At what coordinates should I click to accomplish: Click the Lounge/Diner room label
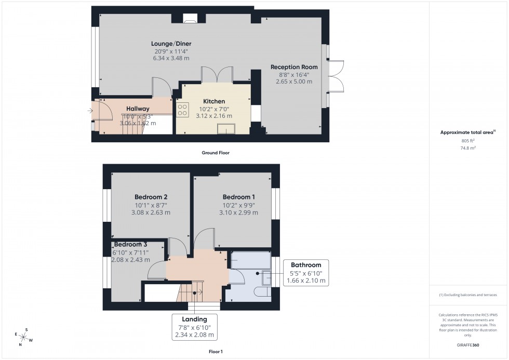pos(170,44)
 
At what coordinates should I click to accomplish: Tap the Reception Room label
pos(294,67)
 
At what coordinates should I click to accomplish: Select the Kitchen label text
pos(213,101)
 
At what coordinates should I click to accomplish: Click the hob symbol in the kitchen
pos(183,109)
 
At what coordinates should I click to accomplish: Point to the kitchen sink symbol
pos(227,128)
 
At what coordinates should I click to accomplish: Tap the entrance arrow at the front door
pos(91,110)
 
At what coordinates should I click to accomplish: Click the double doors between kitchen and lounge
pos(217,75)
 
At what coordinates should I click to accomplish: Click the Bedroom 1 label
pos(238,197)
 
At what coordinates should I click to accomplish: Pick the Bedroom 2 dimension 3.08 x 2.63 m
pos(151,212)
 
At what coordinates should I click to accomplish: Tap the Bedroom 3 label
pos(131,245)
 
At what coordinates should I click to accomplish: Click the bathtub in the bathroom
pos(250,260)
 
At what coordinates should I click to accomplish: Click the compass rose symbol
pos(24,337)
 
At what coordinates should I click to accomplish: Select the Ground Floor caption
pos(215,153)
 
